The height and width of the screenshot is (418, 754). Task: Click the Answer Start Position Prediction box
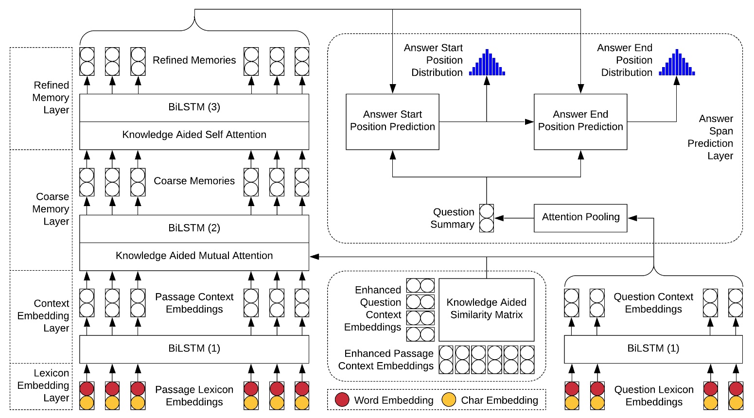point(392,122)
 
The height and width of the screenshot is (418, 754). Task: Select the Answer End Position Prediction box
point(580,122)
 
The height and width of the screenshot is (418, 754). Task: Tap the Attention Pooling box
point(580,218)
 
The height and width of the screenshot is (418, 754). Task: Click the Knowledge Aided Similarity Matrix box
point(486,310)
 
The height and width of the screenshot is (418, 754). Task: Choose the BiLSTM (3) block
point(194,107)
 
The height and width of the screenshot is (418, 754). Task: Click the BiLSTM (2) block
point(194,228)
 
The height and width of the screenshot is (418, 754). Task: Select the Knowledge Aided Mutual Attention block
point(194,256)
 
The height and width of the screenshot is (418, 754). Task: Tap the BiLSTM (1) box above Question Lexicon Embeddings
point(653,349)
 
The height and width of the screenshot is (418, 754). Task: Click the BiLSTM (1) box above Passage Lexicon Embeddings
point(194,349)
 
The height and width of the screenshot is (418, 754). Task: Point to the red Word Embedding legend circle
point(342,400)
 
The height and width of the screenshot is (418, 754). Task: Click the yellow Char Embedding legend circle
point(449,400)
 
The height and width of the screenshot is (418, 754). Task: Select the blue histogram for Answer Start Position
point(487,63)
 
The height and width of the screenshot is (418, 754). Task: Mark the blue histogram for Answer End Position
point(677,63)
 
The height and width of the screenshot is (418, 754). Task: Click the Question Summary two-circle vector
point(487,218)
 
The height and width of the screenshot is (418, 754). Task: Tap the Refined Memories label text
point(194,60)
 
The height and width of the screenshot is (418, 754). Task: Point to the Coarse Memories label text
point(194,181)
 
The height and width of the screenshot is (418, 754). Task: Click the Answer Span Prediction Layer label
point(711,137)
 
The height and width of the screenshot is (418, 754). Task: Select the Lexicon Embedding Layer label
point(43,386)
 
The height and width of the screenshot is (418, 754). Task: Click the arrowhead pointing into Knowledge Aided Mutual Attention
point(314,257)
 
